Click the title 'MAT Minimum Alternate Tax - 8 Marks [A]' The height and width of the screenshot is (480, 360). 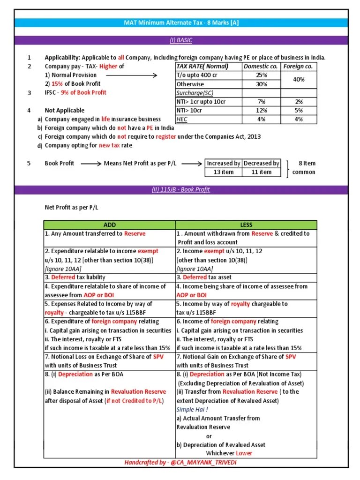pyautogui.click(x=180, y=23)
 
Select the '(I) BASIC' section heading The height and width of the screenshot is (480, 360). pyautogui.click(x=180, y=40)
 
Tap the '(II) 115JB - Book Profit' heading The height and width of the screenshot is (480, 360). pyautogui.click(x=180, y=189)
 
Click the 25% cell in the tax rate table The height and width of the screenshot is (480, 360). pyautogui.click(x=262, y=75)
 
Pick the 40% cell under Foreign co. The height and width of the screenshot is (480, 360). pyautogui.click(x=299, y=80)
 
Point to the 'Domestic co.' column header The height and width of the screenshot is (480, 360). pyautogui.click(x=262, y=66)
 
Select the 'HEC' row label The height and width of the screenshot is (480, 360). pyautogui.click(x=182, y=120)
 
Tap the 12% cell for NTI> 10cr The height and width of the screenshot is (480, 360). pyautogui.click(x=262, y=111)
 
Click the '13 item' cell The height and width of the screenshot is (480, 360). pyautogui.click(x=224, y=172)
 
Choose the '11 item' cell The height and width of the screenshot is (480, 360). pyautogui.click(x=262, y=172)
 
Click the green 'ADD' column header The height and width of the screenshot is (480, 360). pyautogui.click(x=109, y=225)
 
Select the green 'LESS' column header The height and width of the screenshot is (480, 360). pyautogui.click(x=246, y=225)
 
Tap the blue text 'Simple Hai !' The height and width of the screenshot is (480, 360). pyautogui.click(x=192, y=409)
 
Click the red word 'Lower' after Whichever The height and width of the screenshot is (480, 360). pyautogui.click(x=244, y=453)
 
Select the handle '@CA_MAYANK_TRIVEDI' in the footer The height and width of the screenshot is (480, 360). pyautogui.click(x=204, y=463)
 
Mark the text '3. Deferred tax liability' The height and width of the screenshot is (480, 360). pyautogui.click(x=75, y=277)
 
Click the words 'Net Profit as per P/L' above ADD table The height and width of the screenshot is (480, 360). pyautogui.click(x=72, y=207)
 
